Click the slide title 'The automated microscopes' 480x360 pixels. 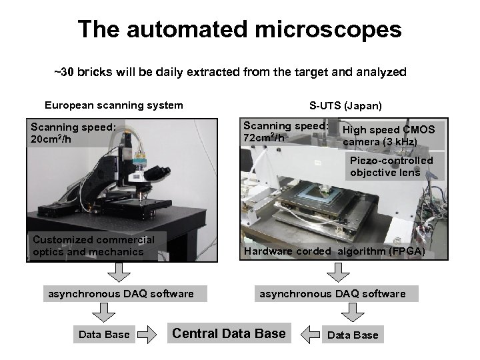coord(239,29)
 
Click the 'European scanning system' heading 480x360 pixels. coord(113,105)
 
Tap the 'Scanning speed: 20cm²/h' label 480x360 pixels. coord(73,133)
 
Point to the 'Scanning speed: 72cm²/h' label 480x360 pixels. coord(285,131)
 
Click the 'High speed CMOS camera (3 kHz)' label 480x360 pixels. coord(389,135)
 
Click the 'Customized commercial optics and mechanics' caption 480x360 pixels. coord(93,245)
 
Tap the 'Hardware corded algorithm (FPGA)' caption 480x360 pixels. coord(334,251)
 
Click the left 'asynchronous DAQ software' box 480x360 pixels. coord(120,294)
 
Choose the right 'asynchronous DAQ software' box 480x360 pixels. coord(332,294)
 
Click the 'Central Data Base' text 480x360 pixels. coord(229,333)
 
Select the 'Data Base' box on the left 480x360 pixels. coord(104,335)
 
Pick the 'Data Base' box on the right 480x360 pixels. coord(353,335)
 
